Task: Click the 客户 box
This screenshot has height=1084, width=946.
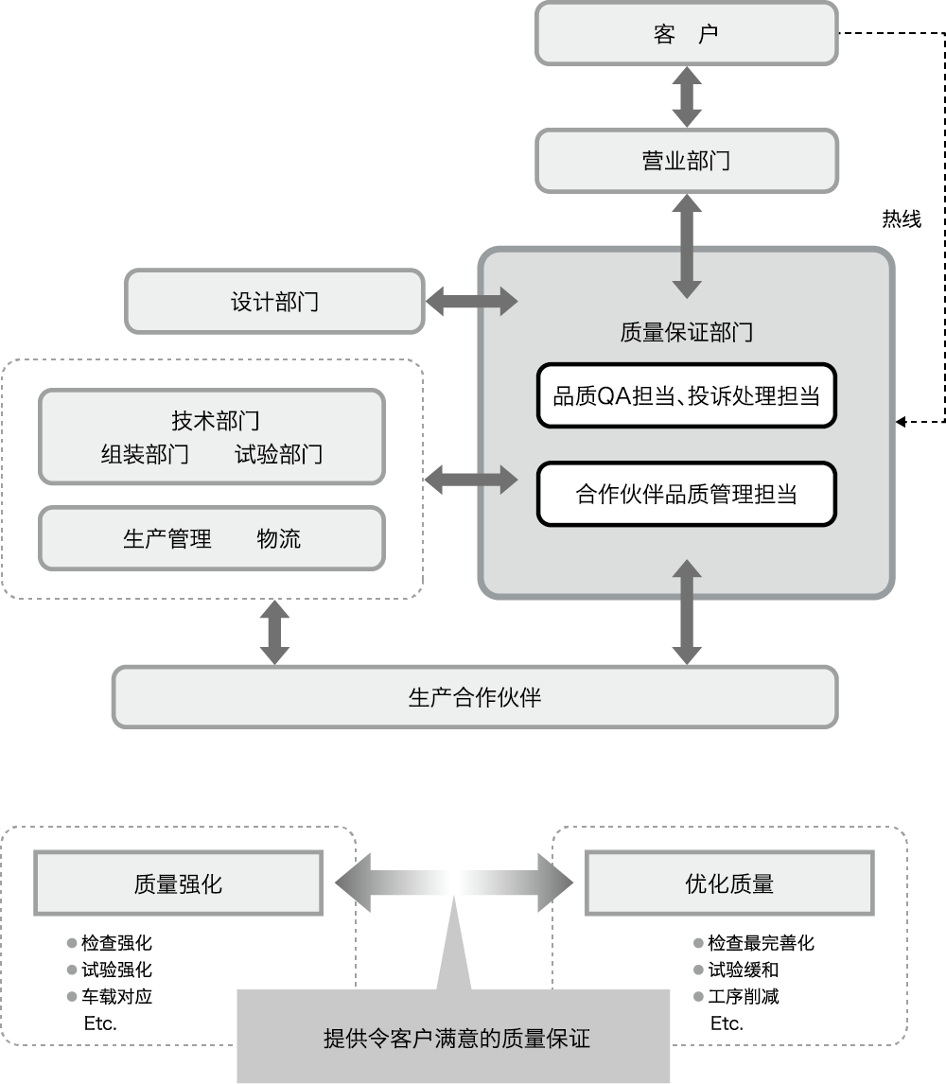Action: [687, 33]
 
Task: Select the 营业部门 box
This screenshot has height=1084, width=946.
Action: [687, 161]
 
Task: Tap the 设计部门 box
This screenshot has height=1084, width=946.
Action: [274, 302]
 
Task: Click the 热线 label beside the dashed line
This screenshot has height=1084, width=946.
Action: [902, 219]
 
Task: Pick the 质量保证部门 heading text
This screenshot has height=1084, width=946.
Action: [686, 333]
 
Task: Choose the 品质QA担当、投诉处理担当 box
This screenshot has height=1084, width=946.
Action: [687, 395]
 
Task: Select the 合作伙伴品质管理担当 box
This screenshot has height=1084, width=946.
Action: [687, 494]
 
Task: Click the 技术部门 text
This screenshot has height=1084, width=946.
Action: [216, 420]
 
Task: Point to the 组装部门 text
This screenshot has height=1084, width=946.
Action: [146, 454]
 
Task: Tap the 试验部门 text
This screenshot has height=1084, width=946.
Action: [279, 454]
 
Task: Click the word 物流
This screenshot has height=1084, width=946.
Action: [279, 538]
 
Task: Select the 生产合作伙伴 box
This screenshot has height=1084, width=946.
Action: [475, 697]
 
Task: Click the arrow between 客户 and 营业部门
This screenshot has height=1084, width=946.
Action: [687, 96]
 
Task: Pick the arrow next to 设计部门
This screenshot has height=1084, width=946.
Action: [472, 302]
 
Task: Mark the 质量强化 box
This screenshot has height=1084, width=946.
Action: [179, 883]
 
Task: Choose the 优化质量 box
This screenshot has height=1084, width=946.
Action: [729, 883]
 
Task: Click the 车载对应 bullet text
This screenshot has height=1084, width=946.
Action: [117, 996]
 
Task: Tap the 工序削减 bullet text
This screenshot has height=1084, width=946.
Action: [744, 996]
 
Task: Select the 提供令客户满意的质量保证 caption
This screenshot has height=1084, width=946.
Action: [457, 1039]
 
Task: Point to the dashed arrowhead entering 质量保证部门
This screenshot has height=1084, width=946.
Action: [901, 421]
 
